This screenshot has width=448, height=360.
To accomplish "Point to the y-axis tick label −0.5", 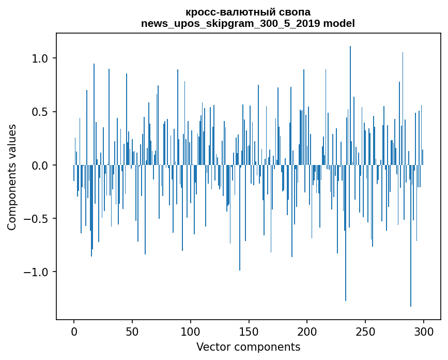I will point(36,219).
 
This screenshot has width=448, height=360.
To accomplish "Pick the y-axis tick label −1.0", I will point(36,272).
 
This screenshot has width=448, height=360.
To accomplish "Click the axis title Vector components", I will point(248,347).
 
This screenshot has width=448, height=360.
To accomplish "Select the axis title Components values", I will point(12,177).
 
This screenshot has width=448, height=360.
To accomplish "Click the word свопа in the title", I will point(295,12).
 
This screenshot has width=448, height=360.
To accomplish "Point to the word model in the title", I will point(339,23).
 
